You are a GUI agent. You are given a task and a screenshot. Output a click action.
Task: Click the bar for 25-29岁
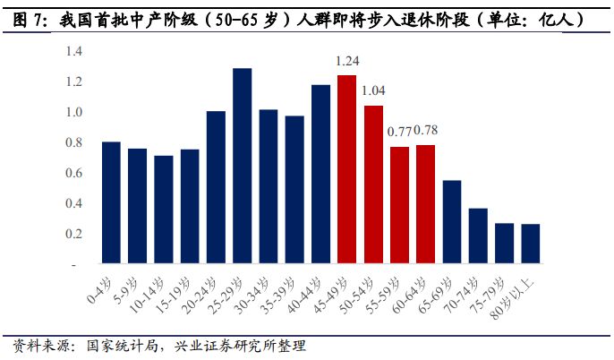242,166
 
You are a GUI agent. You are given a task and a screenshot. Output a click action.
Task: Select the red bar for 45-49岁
346,169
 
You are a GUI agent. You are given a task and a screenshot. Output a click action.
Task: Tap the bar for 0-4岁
111,202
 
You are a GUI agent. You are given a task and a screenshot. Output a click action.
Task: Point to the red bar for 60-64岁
425,204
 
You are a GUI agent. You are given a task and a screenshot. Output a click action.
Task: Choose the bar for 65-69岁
452,222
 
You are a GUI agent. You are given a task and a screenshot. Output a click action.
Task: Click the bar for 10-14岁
163,210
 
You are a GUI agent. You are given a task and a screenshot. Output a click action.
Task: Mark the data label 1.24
347,62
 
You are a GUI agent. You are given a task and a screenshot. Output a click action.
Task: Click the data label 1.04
373,91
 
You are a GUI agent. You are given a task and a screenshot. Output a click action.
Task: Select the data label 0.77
398,132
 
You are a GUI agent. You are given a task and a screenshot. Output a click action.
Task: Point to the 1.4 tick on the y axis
73,52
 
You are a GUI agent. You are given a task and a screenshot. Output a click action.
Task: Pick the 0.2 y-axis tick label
73,234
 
